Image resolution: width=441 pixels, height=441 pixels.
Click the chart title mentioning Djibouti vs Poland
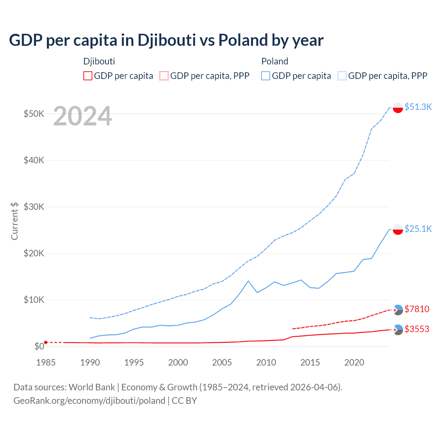click(x=166, y=40)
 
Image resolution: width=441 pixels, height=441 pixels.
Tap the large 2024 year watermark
click(x=82, y=116)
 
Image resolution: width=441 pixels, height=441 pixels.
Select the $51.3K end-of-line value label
click(x=418, y=107)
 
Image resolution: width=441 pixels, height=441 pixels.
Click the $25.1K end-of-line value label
click(x=418, y=229)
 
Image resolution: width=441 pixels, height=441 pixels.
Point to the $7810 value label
click(x=417, y=309)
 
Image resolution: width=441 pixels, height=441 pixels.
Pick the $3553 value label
click(x=417, y=329)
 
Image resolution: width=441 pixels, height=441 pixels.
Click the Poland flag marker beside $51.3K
click(x=398, y=107)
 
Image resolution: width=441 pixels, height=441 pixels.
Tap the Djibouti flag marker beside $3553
click(x=398, y=330)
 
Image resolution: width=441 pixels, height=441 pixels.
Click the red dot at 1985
click(x=46, y=342)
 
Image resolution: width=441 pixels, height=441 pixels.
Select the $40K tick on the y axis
click(x=34, y=160)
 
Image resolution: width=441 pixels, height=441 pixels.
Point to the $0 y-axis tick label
click(x=39, y=346)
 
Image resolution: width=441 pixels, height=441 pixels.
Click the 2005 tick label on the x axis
click(x=222, y=362)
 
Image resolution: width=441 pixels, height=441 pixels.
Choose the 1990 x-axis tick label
click(x=90, y=362)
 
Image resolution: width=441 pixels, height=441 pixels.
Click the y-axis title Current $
click(x=14, y=221)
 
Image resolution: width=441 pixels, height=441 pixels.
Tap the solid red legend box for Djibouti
click(x=88, y=76)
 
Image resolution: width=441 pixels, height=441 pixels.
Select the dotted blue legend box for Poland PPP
click(x=342, y=76)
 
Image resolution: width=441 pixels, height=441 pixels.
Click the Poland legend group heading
click(x=275, y=61)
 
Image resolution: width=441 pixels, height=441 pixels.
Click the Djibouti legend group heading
click(x=99, y=61)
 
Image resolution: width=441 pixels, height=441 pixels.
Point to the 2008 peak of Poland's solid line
click(x=248, y=281)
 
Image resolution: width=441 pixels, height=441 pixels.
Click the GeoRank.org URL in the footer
click(x=89, y=401)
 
